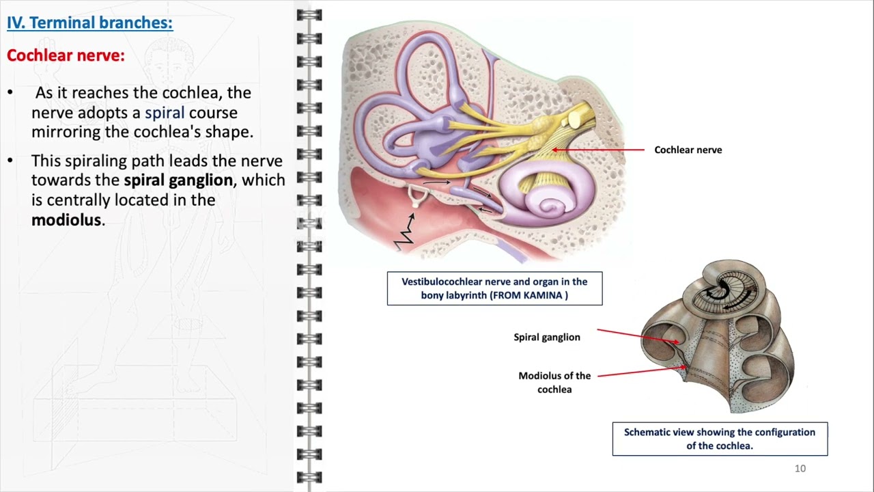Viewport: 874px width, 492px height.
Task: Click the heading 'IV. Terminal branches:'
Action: (89, 23)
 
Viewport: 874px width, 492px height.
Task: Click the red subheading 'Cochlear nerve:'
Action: (66, 55)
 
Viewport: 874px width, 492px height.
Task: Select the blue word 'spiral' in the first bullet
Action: (165, 112)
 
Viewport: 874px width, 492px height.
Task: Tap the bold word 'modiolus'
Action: (66, 220)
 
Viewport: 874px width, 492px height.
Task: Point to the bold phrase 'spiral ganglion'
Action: (178, 180)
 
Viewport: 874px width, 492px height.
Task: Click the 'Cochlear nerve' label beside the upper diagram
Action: (688, 150)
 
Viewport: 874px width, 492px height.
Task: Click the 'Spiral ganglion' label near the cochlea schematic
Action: (546, 337)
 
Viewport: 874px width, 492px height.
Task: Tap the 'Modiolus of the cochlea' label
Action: (554, 382)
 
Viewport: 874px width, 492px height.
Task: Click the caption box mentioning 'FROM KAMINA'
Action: (494, 288)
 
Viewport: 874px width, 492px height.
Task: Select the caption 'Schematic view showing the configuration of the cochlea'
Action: (720, 439)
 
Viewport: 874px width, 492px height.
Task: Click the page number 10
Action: (800, 468)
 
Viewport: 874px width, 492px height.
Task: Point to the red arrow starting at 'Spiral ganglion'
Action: (638, 336)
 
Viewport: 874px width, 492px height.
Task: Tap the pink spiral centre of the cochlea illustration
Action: (552, 206)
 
